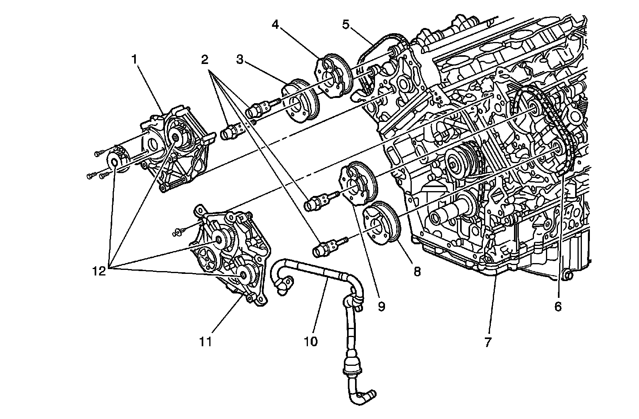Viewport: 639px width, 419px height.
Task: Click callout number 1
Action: tap(135, 60)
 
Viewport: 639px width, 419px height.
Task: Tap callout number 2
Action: tap(204, 60)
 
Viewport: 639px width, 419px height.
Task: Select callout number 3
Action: tap(240, 60)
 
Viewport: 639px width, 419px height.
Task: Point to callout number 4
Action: tap(275, 24)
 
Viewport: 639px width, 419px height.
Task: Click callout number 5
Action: tap(345, 24)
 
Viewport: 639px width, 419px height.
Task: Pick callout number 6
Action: tap(558, 307)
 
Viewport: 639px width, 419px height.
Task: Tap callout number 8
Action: tap(417, 272)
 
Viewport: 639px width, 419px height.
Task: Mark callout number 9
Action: tap(381, 307)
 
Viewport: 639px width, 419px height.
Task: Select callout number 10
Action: tap(311, 342)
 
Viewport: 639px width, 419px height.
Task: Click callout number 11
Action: tap(205, 342)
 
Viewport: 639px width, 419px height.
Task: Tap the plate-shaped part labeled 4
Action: tap(334, 76)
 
